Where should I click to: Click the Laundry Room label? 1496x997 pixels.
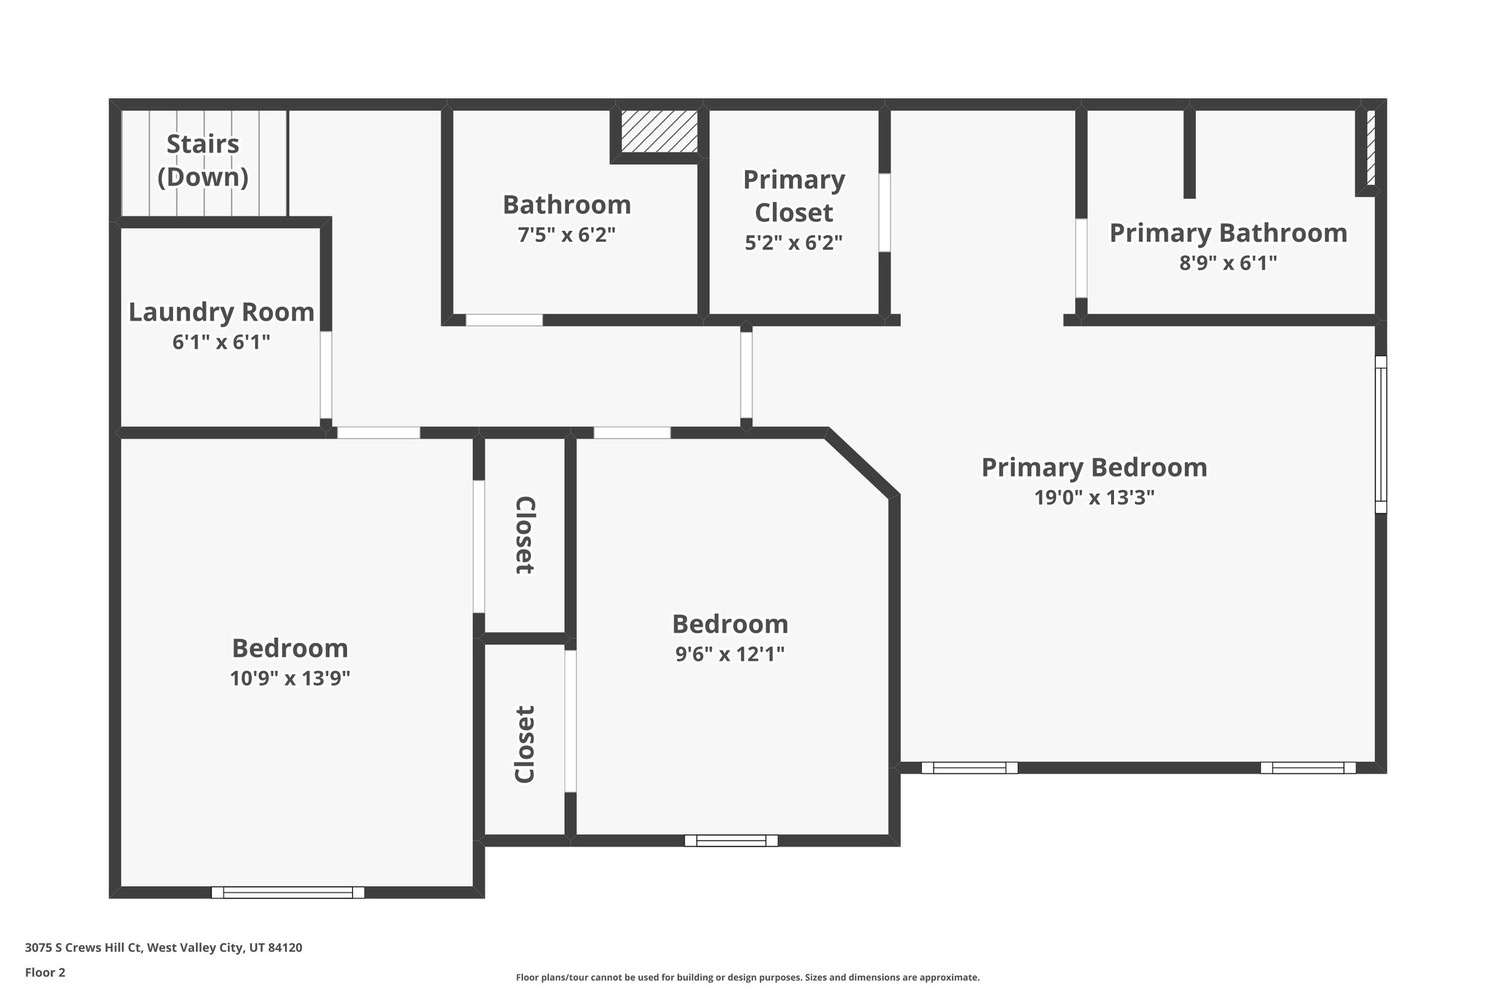tap(221, 312)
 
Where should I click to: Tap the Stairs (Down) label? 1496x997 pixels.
tap(203, 160)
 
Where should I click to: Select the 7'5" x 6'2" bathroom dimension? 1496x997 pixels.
tap(567, 235)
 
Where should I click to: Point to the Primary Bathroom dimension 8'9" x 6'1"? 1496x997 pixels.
tap(1228, 263)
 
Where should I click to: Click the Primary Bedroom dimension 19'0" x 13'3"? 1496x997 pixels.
tap(1094, 497)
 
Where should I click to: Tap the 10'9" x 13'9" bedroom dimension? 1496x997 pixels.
tap(290, 679)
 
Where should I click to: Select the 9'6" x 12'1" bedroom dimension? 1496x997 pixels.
tap(730, 654)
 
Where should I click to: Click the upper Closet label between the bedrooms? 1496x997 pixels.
tap(525, 535)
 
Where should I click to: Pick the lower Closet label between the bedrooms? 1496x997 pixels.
tap(525, 744)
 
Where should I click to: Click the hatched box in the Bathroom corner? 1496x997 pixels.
tap(659, 131)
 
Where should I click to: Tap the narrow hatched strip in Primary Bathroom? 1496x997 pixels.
tap(1371, 147)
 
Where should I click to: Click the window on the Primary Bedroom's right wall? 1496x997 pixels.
tap(1381, 435)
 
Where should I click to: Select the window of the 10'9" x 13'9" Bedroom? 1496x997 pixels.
tap(288, 892)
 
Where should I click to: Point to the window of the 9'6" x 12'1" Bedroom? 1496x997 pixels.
tap(730, 840)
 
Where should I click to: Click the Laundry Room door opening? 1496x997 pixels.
tap(326, 375)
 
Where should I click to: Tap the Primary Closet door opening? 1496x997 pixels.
tap(884, 213)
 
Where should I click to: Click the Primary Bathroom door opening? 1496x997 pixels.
tap(1081, 258)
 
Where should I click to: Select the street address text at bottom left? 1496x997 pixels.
tap(164, 948)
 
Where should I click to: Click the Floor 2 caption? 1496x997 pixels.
tap(45, 972)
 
